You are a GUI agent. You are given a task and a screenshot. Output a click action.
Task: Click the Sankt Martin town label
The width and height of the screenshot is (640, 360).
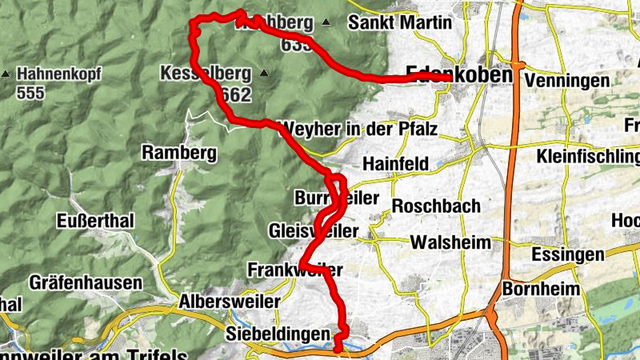pos(400,22)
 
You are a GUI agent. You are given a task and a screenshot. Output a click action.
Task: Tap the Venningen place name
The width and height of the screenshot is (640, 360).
pos(567,81)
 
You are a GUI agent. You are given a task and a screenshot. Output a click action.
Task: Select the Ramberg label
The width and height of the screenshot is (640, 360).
pos(169,152)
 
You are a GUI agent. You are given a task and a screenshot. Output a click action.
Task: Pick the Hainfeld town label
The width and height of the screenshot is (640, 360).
pos(396,163)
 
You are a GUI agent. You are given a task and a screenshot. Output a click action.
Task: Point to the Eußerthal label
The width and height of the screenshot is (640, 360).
pos(96,221)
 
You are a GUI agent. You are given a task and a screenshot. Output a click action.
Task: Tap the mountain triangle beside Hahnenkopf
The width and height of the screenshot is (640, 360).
pos(6,74)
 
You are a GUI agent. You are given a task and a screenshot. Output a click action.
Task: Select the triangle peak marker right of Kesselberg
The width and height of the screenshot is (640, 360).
pos(264,74)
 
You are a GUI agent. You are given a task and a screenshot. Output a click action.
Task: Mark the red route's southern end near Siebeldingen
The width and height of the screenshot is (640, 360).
pos(338,348)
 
